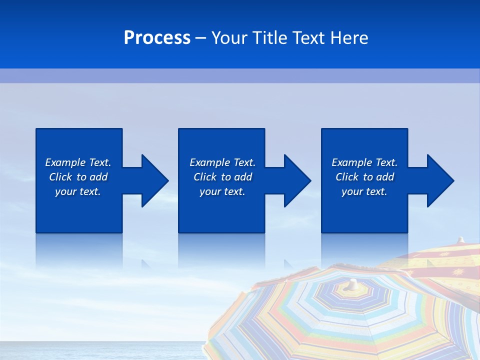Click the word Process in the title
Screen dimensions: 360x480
[157, 38]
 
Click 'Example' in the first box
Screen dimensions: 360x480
[65, 162]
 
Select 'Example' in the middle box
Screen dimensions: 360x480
[209, 162]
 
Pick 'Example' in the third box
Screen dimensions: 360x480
[351, 162]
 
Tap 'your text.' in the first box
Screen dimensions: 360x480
[78, 192]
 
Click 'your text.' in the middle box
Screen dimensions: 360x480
[222, 192]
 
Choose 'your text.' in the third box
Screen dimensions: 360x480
[364, 192]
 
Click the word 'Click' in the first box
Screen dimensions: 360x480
[60, 177]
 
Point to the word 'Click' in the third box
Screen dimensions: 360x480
[347, 177]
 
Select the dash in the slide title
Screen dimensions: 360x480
[201, 38]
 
